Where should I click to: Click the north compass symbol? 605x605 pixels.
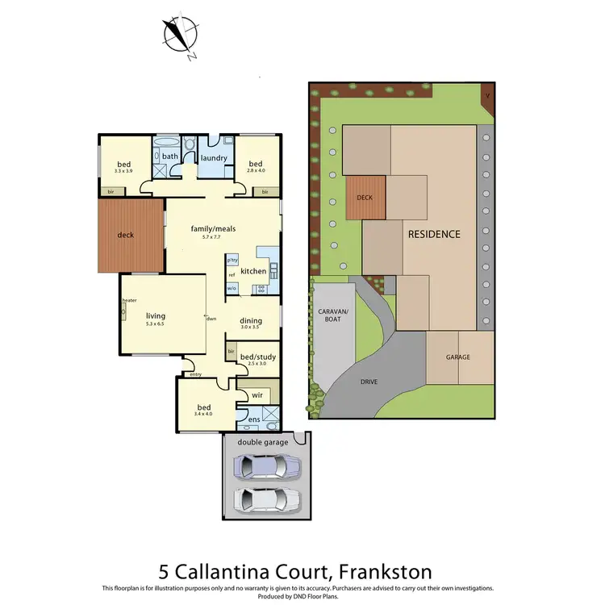pos(180,35)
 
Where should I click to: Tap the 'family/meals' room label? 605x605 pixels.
pos(213,228)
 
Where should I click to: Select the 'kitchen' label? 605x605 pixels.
pos(253,271)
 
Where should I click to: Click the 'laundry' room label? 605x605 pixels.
pos(214,158)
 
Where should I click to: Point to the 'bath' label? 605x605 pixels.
pos(169,156)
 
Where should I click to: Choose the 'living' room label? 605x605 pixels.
pos(155,315)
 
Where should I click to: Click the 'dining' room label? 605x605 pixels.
pos(251,320)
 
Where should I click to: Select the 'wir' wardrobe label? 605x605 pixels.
pos(257,395)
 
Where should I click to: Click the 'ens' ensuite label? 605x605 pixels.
pos(254,419)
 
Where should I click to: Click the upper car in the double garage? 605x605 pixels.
pos(266,466)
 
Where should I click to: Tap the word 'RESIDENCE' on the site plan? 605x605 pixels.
pos(434,234)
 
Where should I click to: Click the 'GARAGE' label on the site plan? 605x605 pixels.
pos(458,357)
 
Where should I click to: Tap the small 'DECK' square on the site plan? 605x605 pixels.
pos(365,196)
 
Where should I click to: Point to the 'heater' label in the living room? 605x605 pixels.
pos(129,301)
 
